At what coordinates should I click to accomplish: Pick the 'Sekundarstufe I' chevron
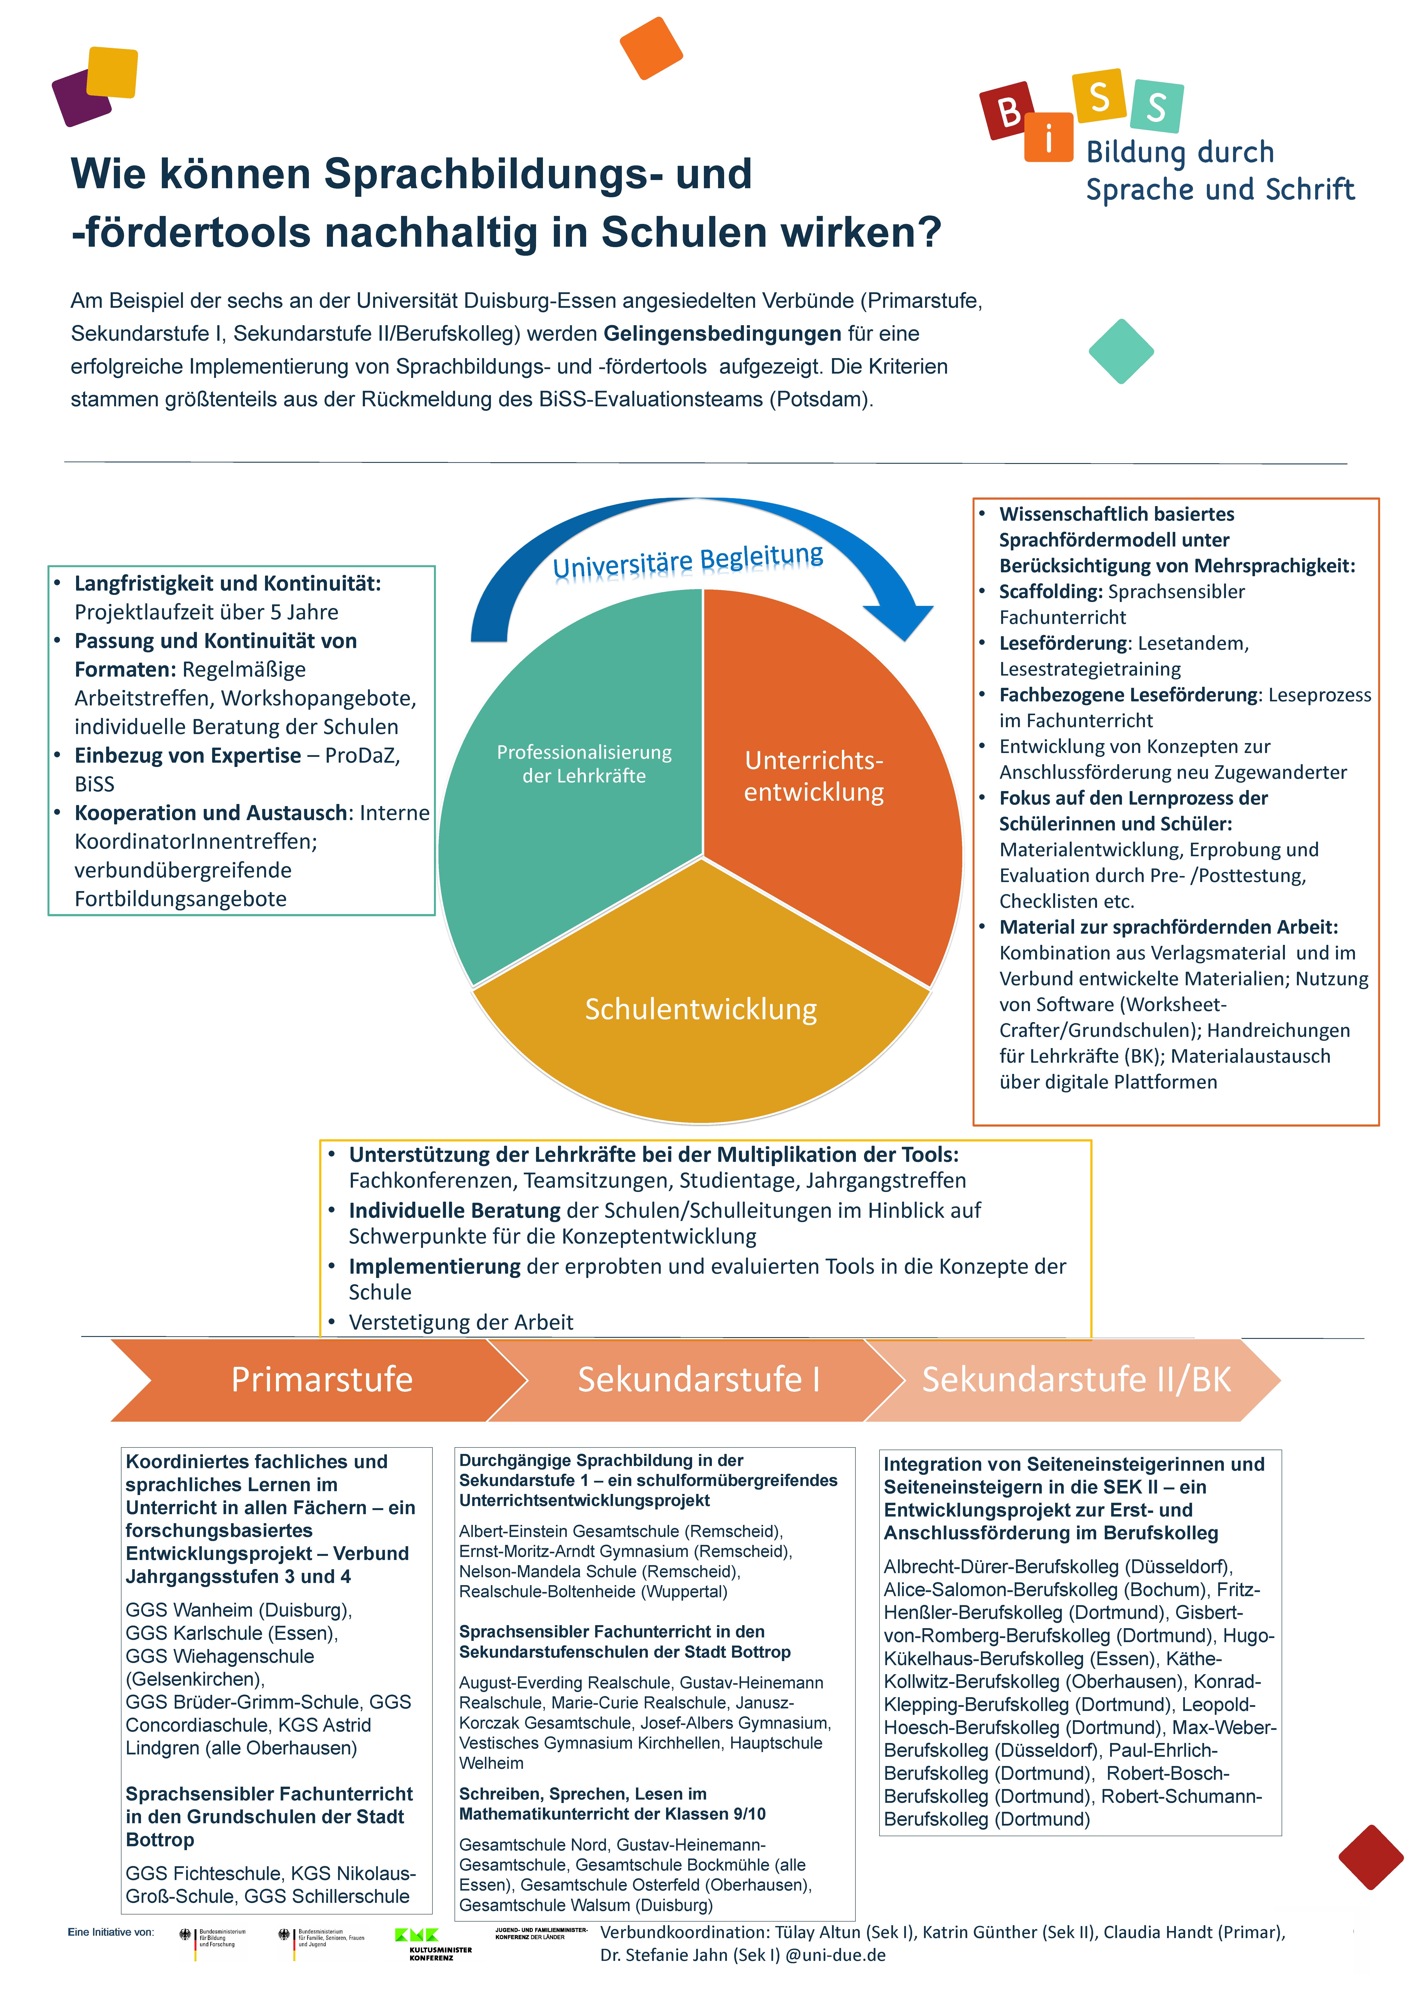699,1379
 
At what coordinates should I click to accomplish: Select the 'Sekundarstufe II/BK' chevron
1076,1379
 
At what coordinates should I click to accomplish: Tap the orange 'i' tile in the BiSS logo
1048,138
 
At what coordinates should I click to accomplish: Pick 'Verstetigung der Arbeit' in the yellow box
460,1322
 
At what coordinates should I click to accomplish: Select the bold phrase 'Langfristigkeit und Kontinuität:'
227,583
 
